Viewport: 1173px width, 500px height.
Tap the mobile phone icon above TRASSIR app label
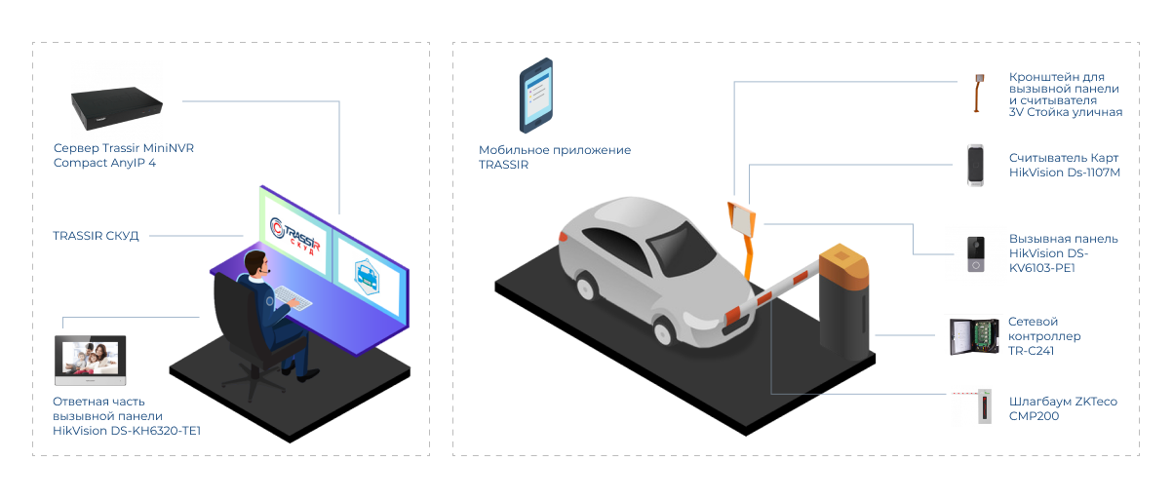click(535, 96)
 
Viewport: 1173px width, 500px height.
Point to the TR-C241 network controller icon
click(974, 336)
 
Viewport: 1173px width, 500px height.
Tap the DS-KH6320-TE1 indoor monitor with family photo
click(92, 362)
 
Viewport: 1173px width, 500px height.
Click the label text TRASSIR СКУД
click(96, 236)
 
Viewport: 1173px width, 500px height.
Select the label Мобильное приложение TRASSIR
click(554, 157)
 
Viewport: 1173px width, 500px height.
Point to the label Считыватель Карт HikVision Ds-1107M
click(1064, 165)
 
